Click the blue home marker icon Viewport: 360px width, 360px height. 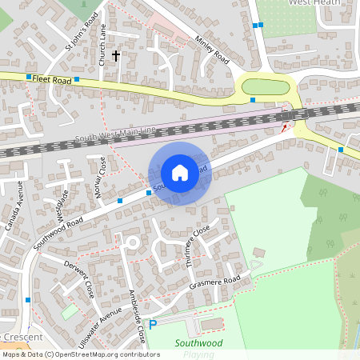tap(180, 173)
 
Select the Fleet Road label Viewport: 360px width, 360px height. tap(53, 80)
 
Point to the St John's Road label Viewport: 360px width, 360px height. tap(85, 35)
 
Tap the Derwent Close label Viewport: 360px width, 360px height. tap(80, 278)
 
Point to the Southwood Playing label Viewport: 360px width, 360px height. tap(199, 347)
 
